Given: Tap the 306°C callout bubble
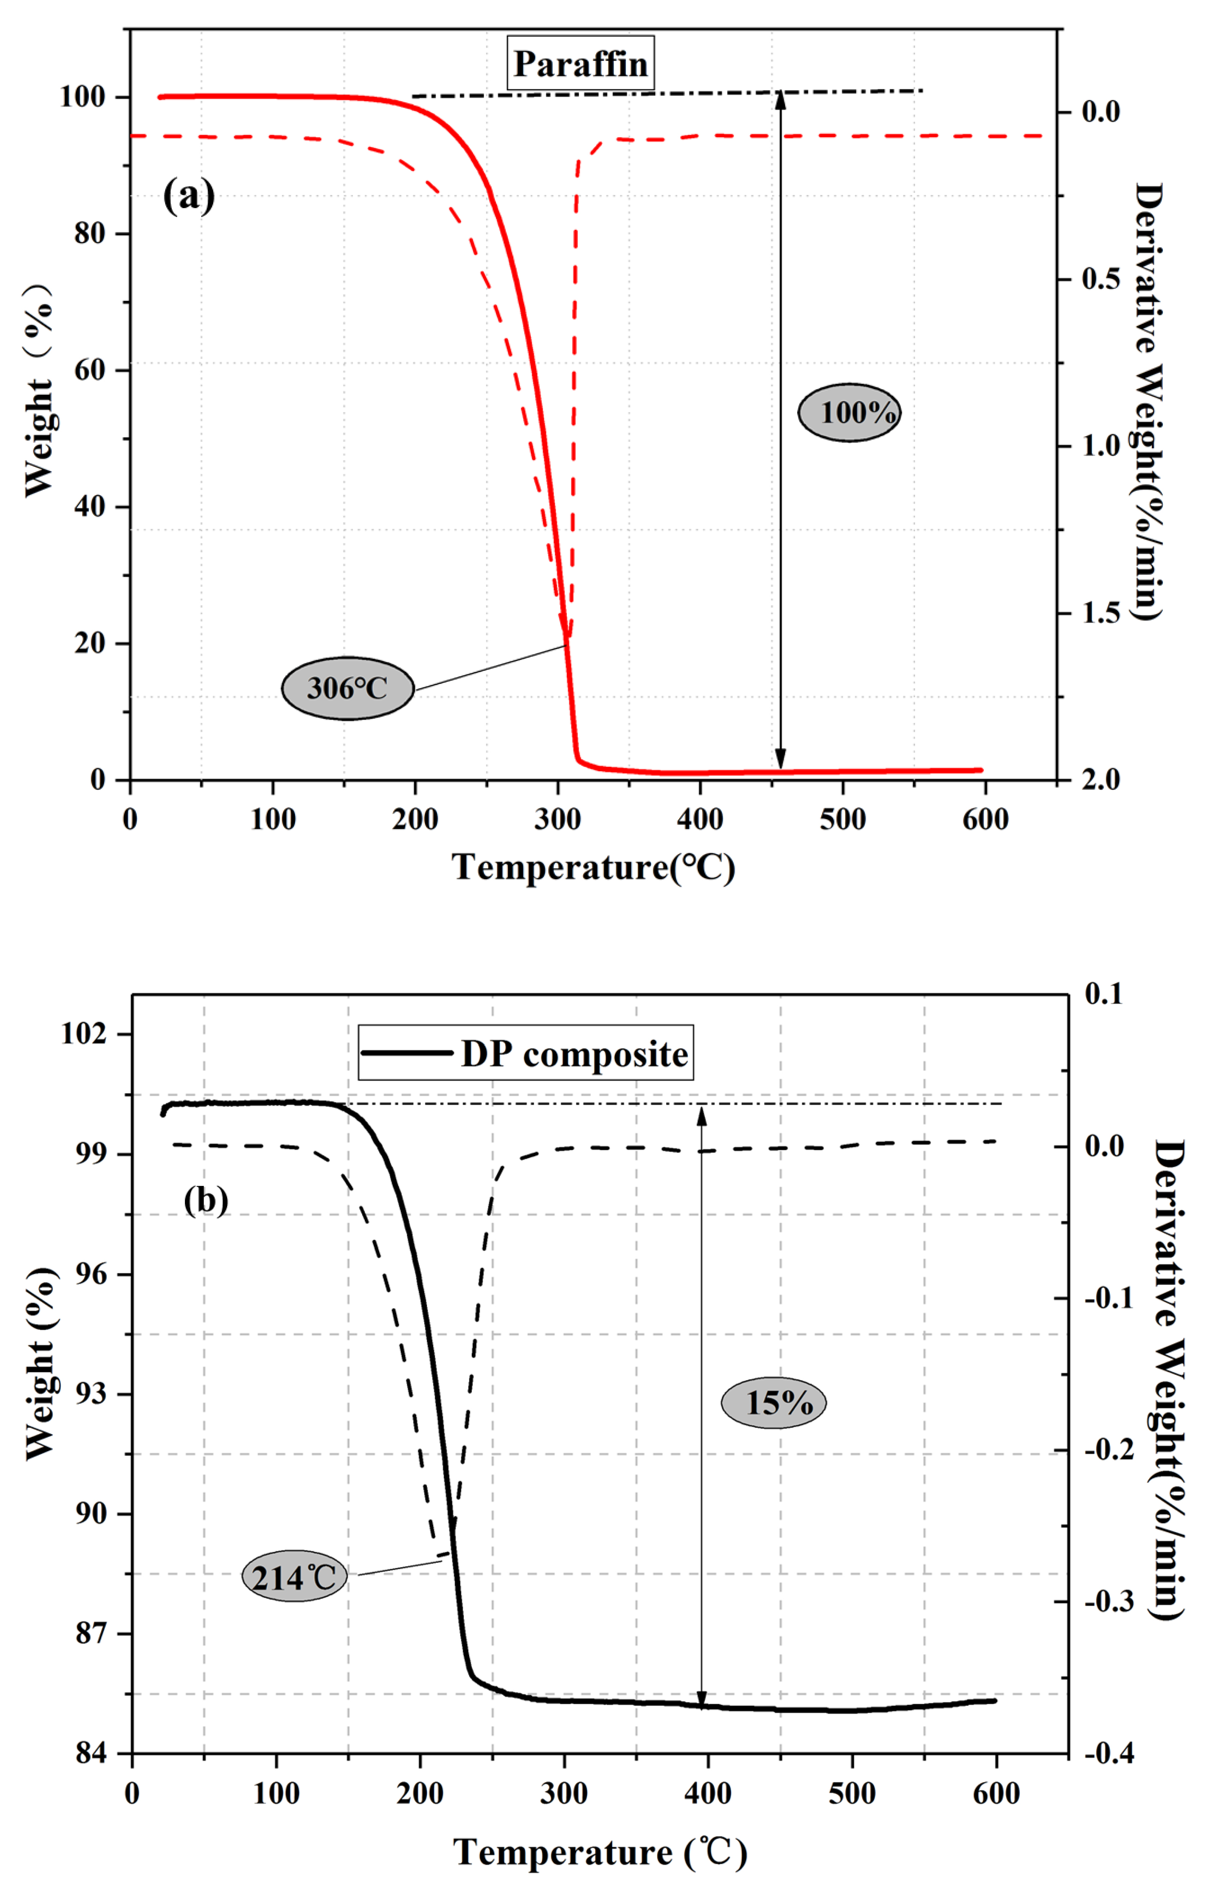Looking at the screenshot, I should [347, 688].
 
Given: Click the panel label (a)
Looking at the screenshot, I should [188, 195].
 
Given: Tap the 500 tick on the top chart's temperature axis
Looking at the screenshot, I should [843, 820].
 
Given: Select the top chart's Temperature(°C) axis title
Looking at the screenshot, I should [593, 867].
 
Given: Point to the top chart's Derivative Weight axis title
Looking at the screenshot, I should [1149, 401].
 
